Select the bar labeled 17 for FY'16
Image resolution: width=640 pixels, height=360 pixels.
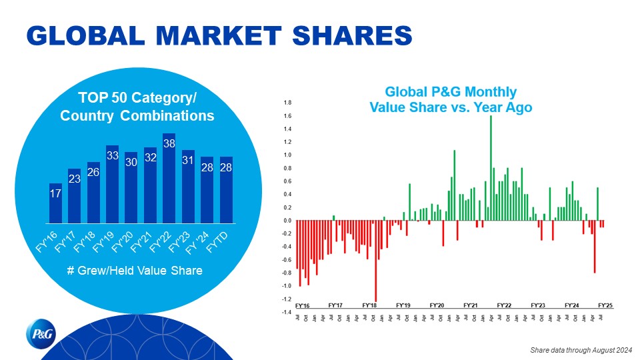click(55, 203)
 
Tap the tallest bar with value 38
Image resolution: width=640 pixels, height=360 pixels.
click(169, 178)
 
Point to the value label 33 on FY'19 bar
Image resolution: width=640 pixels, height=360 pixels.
click(112, 155)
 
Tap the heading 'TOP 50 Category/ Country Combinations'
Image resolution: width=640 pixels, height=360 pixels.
click(137, 107)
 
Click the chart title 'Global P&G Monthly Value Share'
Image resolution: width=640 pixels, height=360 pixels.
click(451, 99)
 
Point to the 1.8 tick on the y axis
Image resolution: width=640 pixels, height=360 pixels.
click(287, 103)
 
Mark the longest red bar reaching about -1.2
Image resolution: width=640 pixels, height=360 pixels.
click(375, 261)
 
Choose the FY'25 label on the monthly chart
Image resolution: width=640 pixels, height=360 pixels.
click(605, 305)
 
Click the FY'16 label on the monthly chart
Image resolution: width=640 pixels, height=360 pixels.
click(302, 305)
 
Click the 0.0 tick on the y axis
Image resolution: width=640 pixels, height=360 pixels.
click(287, 221)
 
